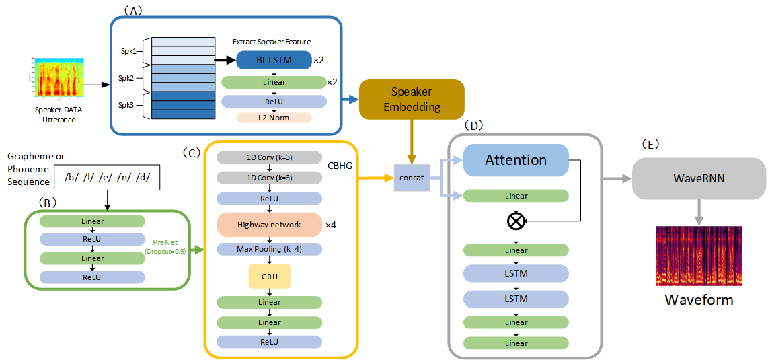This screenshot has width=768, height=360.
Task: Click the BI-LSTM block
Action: (x=274, y=60)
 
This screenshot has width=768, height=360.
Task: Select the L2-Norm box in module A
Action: (x=274, y=118)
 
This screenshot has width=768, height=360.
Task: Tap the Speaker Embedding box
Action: (x=412, y=100)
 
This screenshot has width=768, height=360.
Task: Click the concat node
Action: (x=410, y=177)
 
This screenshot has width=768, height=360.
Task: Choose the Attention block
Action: (x=516, y=160)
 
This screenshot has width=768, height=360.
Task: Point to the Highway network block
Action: (x=269, y=225)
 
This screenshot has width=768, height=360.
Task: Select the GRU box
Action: (x=269, y=276)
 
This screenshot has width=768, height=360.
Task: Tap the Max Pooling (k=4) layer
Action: (x=269, y=249)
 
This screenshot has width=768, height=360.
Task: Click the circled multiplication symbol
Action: (x=516, y=221)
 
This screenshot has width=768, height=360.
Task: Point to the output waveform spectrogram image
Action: (x=699, y=256)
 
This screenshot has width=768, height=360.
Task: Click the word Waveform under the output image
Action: (x=699, y=300)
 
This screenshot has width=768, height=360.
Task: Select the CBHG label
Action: (x=340, y=166)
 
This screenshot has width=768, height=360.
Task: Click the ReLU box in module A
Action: (x=274, y=101)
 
